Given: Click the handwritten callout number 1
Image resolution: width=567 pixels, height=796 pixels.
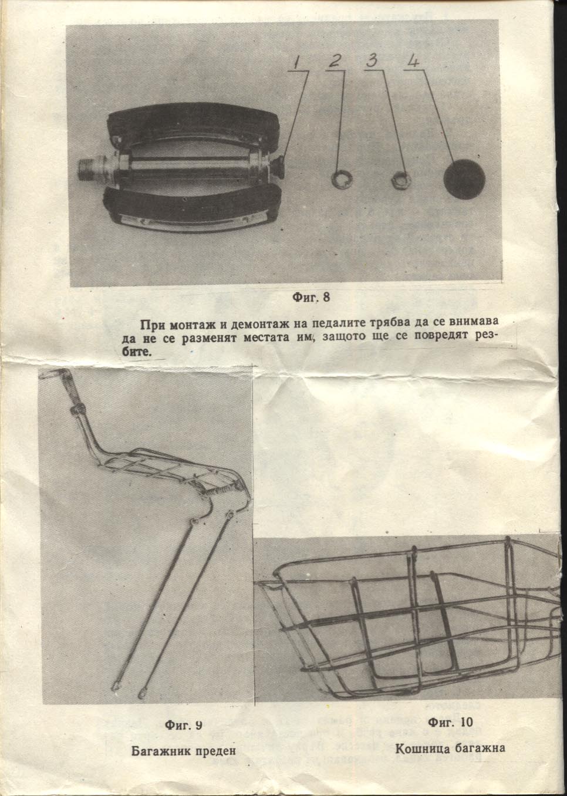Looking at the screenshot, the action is click(299, 63).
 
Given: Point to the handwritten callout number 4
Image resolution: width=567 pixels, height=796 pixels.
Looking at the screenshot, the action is click(413, 61).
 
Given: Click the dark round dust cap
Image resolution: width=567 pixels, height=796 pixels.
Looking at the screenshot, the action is click(464, 179).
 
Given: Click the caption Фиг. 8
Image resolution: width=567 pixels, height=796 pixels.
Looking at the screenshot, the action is click(311, 296).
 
